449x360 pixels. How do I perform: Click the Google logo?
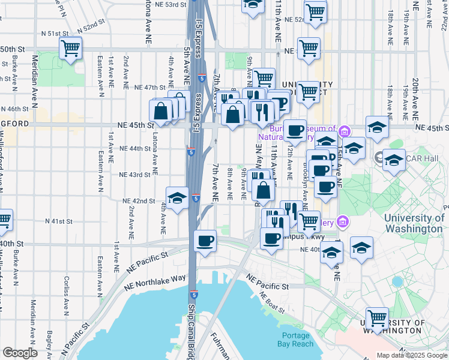[20, 353]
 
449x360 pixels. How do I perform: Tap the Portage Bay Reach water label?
[295, 340]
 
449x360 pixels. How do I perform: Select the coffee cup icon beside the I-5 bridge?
[205, 241]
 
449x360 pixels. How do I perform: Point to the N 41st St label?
[58, 221]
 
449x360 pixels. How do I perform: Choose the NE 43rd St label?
[134, 175]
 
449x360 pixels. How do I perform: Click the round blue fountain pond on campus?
[396, 281]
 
